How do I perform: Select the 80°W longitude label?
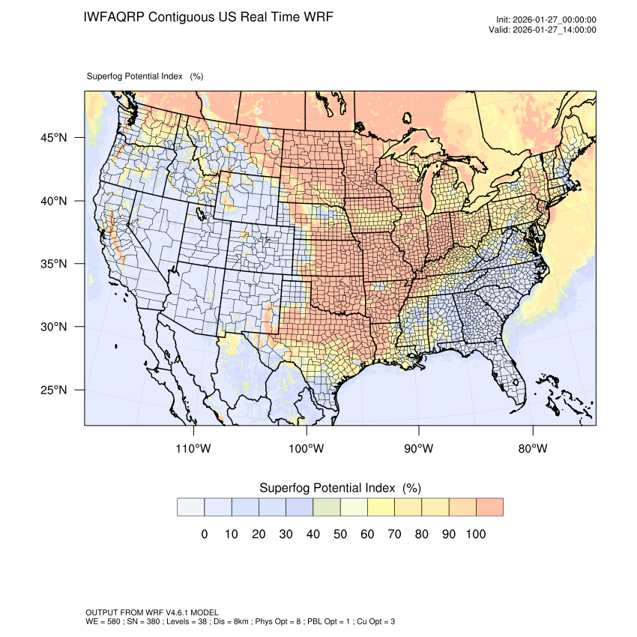pyautogui.click(x=532, y=449)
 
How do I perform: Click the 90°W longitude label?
pyautogui.click(x=419, y=449)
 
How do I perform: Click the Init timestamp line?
pyautogui.click(x=546, y=20)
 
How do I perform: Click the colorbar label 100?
pyautogui.click(x=476, y=534)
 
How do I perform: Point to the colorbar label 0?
pyautogui.click(x=204, y=534)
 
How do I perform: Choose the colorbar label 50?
pyautogui.click(x=340, y=534)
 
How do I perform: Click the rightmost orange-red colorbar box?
pyautogui.click(x=489, y=507)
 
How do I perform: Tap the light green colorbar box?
pyautogui.click(x=327, y=507)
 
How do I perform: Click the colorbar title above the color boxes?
pyautogui.click(x=339, y=488)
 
